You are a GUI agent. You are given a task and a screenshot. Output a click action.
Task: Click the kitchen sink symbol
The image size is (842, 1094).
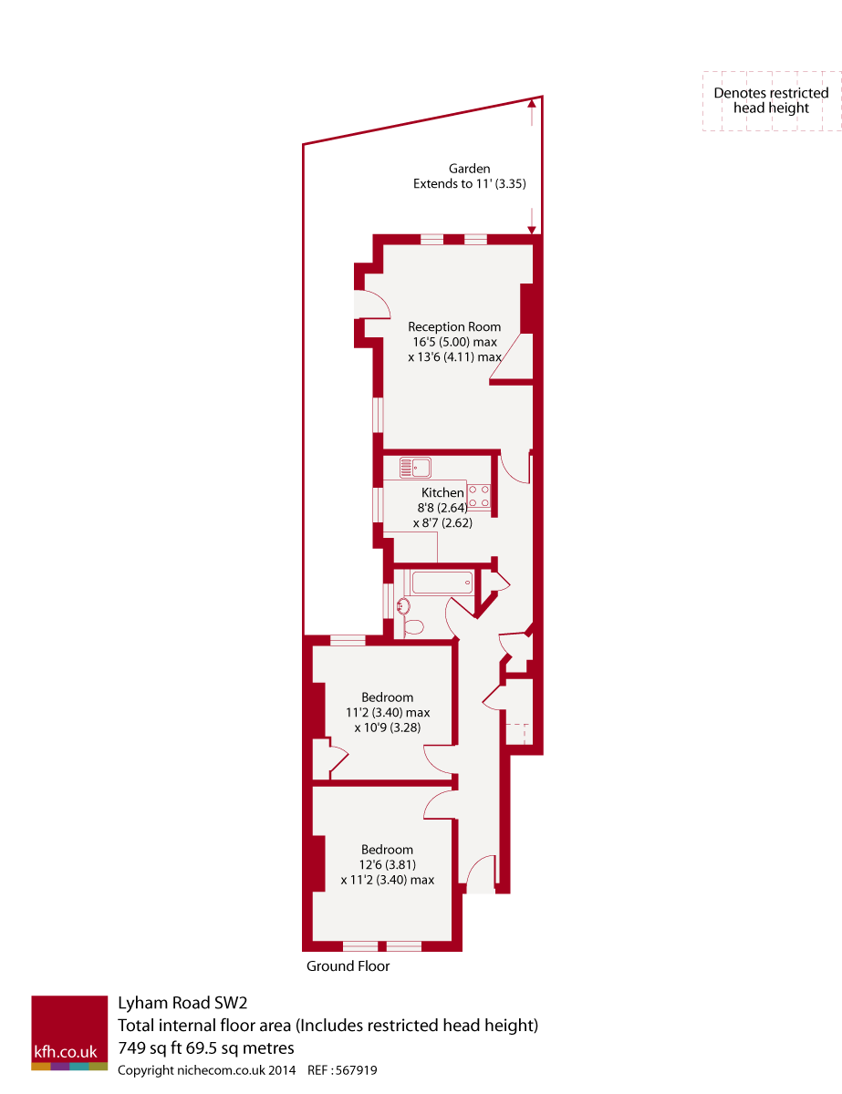pos(415,468)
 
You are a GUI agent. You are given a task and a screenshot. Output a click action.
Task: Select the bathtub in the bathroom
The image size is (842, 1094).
pos(442,581)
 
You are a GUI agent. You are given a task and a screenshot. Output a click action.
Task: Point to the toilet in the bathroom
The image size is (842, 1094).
pos(413,626)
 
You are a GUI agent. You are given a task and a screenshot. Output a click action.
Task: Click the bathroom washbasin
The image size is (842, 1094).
pos(403,604)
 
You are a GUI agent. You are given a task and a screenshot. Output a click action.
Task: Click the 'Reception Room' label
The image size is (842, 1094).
pos(454,326)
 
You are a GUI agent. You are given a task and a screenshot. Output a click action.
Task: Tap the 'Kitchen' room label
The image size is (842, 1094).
pos(442,493)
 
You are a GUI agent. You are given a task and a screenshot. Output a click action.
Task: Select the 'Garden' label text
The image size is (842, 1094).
pos(469,169)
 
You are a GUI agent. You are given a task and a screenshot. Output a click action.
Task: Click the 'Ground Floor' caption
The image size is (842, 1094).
pos(348,966)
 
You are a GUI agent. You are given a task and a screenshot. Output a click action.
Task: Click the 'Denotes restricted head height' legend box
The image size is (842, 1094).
pos(771,101)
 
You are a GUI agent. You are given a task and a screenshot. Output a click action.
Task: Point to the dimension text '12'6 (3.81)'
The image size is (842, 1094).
pos(387,865)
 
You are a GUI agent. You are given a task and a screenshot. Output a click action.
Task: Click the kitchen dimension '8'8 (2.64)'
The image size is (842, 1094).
pos(442,508)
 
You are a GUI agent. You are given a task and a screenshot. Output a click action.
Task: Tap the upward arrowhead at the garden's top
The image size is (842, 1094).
pos(531,105)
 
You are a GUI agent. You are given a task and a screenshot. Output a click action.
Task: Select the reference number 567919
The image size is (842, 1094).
pos(355,1071)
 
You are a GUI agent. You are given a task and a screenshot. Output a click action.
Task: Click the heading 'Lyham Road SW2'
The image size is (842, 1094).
pos(182,1003)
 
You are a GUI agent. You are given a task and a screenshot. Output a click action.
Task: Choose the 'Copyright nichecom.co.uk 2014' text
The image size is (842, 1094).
pos(207,1071)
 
